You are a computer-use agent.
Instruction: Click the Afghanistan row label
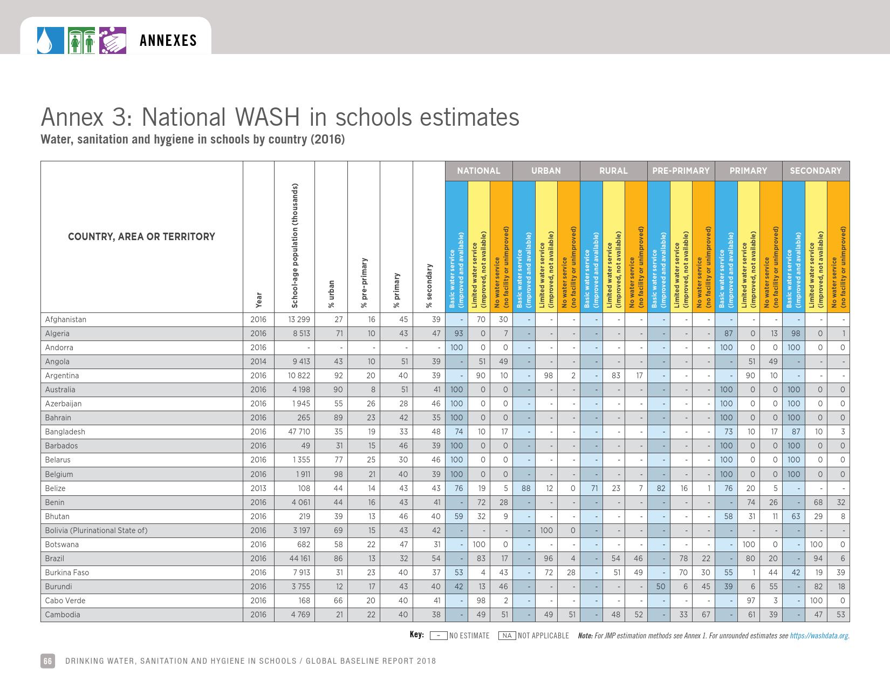[66, 319]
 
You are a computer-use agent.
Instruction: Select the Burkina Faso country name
[67, 573]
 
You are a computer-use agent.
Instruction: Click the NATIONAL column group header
[478, 171]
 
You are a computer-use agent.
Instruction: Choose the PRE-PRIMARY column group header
[681, 171]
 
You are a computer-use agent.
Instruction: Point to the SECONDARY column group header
[816, 171]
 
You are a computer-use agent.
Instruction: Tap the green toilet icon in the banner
[82, 40]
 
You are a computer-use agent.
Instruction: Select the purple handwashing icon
[113, 40]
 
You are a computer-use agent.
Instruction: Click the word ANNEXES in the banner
[168, 41]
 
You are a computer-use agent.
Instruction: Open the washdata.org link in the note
[819, 636]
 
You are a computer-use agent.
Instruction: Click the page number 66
[47, 661]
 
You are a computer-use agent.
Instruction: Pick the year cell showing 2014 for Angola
[258, 362]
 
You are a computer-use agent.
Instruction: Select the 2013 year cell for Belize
[258, 488]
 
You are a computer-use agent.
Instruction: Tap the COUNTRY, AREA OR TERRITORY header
[141, 236]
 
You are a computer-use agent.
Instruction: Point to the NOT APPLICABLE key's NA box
[506, 636]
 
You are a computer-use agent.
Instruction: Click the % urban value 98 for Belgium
[338, 474]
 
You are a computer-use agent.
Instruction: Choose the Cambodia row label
[63, 615]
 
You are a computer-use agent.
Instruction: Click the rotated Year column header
[259, 300]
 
